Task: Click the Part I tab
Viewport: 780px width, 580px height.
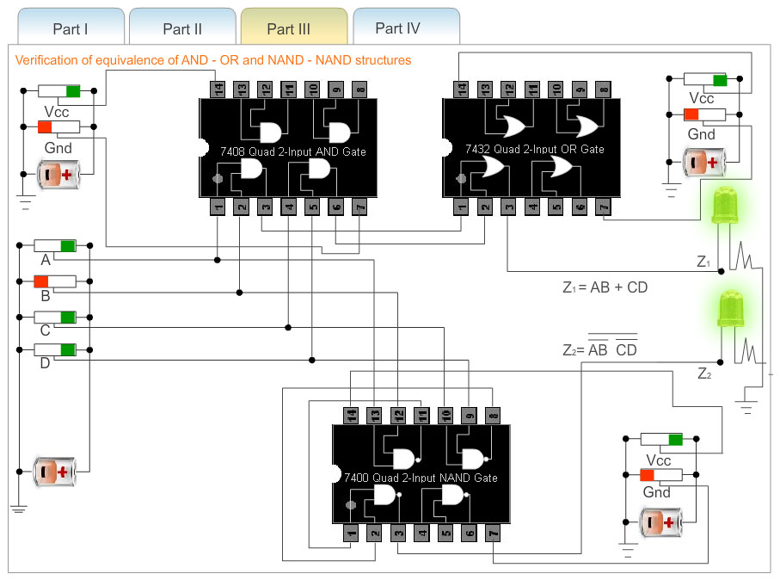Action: click(x=71, y=28)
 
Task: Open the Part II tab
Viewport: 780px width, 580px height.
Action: click(x=182, y=28)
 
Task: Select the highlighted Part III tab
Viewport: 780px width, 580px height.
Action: click(x=289, y=28)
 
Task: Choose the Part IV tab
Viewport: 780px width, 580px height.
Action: click(x=397, y=28)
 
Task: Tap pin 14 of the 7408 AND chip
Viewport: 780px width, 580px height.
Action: click(x=218, y=88)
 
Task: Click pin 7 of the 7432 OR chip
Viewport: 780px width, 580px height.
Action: click(x=604, y=207)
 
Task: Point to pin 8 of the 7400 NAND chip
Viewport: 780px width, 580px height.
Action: click(x=492, y=415)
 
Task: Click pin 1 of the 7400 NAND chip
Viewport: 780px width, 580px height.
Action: click(x=350, y=534)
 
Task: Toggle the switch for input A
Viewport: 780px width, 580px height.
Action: click(x=55, y=246)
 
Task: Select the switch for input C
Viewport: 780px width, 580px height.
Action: click(x=55, y=317)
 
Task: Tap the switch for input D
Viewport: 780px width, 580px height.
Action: click(x=55, y=349)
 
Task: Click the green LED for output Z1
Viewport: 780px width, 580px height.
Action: click(x=722, y=207)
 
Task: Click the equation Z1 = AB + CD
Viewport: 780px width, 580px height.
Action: click(x=605, y=287)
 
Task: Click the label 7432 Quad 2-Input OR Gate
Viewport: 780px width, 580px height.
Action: click(x=534, y=149)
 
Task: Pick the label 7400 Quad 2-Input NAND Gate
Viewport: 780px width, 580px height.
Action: click(x=421, y=478)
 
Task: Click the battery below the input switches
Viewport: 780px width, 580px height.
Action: click(x=54, y=472)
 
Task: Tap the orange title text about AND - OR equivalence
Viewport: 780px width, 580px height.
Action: click(x=213, y=60)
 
